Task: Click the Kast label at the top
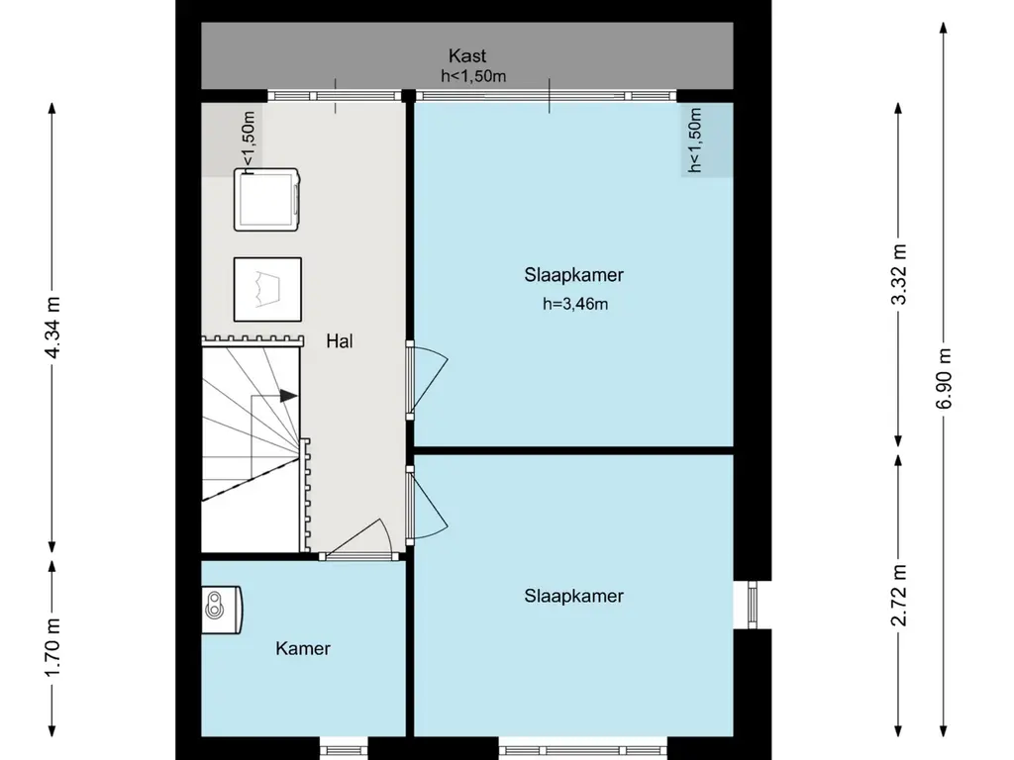point(467,56)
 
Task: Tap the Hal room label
point(340,341)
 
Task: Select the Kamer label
point(303,649)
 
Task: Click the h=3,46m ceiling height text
point(574,304)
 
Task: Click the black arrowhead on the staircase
point(288,396)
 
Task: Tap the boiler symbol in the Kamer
point(221,606)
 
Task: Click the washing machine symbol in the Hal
point(267,200)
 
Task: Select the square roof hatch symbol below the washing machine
point(267,289)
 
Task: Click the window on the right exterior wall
point(752,604)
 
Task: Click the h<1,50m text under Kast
point(474,76)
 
